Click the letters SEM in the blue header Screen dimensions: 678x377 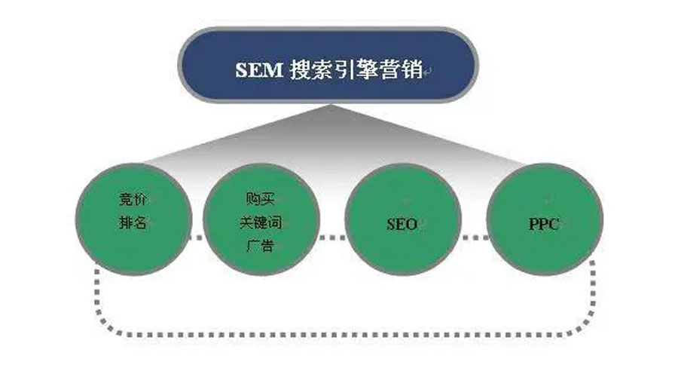(x=259, y=69)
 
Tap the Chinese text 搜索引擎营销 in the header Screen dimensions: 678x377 (x=356, y=69)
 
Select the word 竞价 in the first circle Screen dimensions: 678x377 (x=133, y=199)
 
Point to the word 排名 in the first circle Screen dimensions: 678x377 (x=133, y=223)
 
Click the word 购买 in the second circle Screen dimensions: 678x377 (x=261, y=199)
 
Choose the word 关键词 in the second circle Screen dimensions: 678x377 (x=261, y=223)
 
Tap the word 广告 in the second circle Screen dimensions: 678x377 (x=261, y=246)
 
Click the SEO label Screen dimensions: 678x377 (x=402, y=224)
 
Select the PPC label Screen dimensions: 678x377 (x=544, y=224)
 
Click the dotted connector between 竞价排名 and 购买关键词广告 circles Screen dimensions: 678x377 (x=197, y=238)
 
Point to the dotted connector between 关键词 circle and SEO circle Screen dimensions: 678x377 (x=332, y=238)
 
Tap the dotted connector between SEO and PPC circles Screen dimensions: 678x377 (x=474, y=238)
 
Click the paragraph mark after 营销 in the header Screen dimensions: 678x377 (x=428, y=72)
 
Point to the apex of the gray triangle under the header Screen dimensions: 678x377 (x=330, y=105)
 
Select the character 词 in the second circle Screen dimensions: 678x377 (x=274, y=223)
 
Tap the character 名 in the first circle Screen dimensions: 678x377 (x=140, y=223)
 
